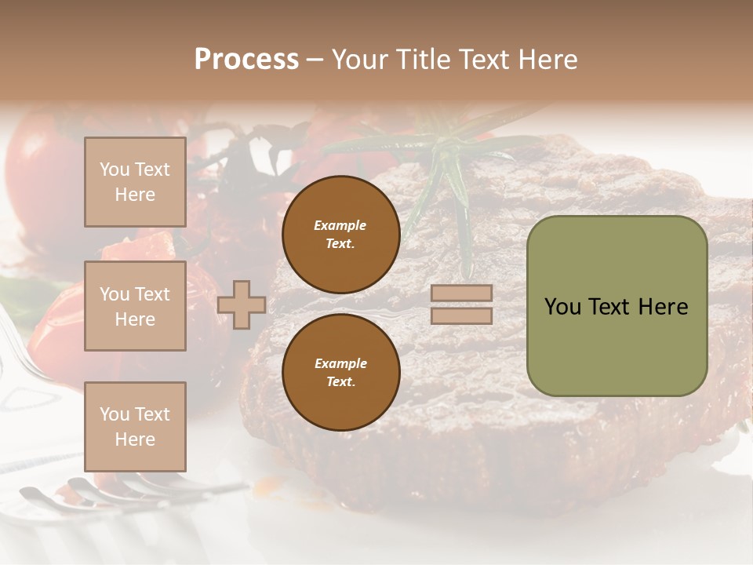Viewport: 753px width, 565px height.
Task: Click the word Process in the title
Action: [x=246, y=60]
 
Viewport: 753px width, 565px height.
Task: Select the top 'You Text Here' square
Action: [x=135, y=182]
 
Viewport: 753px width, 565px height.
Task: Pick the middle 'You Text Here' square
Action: [x=135, y=306]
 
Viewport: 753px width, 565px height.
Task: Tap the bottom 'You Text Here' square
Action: [x=135, y=426]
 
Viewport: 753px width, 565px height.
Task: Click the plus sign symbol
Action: [x=242, y=304]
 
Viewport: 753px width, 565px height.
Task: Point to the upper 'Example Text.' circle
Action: [x=340, y=235]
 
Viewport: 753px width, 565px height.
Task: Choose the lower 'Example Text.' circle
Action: [x=340, y=373]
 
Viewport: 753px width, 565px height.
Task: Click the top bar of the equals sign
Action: [x=461, y=293]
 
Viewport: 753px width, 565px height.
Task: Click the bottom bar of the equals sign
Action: [x=461, y=315]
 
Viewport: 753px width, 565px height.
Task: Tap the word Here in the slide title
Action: [x=547, y=60]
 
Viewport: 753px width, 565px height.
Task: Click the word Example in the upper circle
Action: [x=340, y=225]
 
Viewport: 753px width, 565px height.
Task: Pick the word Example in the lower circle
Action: [x=340, y=363]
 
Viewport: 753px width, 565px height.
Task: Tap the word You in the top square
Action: [x=115, y=169]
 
